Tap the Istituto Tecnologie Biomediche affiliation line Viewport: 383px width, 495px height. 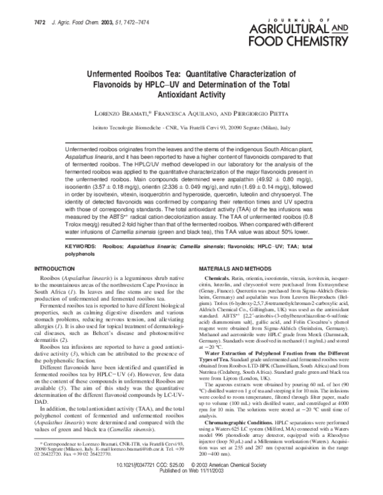point(191,127)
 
